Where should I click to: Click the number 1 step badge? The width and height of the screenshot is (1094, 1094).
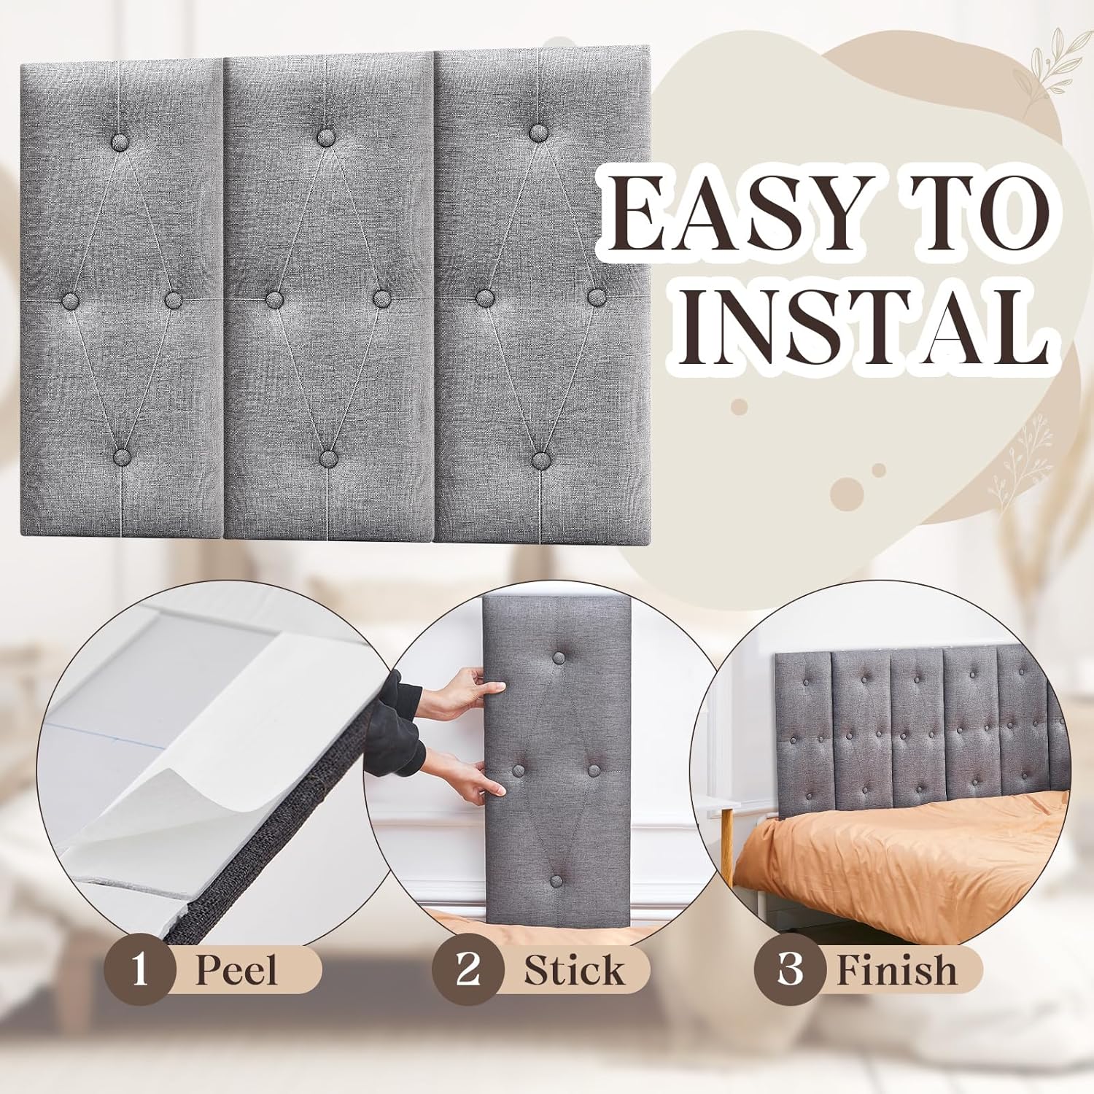pos(139,971)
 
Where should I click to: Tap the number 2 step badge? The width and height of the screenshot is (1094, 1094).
pos(467,971)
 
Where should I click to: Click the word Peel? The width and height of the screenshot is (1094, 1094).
pos(236,971)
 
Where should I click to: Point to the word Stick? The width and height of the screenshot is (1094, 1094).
pos(573,971)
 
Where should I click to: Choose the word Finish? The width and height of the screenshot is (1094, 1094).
pos(896,971)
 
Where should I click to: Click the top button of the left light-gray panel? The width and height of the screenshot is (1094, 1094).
pos(121,142)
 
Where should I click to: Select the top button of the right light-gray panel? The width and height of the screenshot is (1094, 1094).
pos(539,133)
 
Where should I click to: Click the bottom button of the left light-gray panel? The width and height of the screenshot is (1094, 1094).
pos(121,457)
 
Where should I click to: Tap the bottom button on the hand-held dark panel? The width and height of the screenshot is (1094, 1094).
pos(558,880)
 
